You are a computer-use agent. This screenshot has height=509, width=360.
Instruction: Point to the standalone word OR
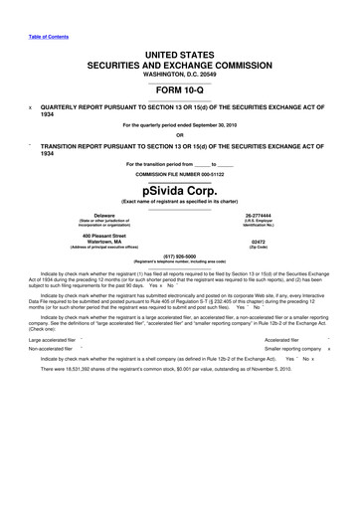[180, 137]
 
